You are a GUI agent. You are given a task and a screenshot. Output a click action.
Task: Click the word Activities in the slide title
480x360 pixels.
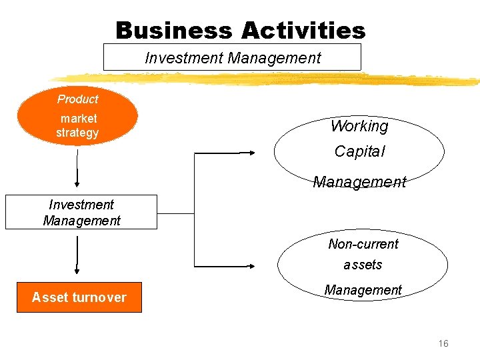pos(303,31)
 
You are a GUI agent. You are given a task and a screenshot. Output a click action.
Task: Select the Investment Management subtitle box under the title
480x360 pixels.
pos(232,57)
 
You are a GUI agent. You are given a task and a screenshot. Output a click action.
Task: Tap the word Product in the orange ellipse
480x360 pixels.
pos(77,99)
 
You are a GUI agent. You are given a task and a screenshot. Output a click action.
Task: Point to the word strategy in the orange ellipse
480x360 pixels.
pos(77,133)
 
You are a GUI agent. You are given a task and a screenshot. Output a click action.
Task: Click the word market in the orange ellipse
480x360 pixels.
pos(79,119)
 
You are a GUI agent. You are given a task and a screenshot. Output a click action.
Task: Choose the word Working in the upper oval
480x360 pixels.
pos(359,126)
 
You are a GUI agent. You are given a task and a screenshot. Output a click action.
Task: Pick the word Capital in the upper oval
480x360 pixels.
pos(359,151)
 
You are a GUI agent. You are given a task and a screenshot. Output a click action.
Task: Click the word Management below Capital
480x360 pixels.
pos(359,181)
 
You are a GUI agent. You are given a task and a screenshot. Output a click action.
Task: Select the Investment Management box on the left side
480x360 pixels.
pos(81,212)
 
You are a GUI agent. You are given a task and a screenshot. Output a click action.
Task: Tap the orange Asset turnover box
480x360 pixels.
pos(79,297)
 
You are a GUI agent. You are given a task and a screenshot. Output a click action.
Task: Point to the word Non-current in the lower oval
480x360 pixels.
pos(363,244)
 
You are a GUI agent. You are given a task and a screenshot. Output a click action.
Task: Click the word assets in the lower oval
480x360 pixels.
pos(363,265)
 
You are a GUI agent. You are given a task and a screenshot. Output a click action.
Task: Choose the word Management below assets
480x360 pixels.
pos(363,290)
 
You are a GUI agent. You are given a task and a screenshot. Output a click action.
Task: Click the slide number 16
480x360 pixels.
pos(443,343)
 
